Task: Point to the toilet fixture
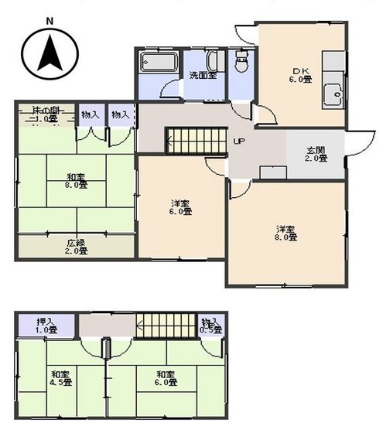click(242, 62)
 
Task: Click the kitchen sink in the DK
click(335, 93)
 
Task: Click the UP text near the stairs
click(240, 141)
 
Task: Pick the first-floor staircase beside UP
click(196, 141)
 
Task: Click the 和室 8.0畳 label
click(76, 180)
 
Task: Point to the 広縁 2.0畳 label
click(76, 246)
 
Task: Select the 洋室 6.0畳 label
click(181, 207)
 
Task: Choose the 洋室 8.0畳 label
click(286, 232)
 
